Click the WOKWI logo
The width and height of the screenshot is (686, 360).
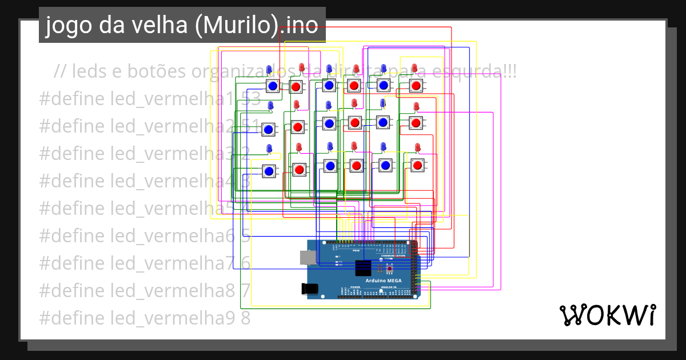(x=607, y=315)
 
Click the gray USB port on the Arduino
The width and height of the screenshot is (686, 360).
(x=307, y=258)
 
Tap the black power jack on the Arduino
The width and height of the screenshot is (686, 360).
(x=310, y=289)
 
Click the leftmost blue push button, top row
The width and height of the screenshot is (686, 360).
(x=273, y=86)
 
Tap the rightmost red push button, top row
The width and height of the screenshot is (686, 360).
(x=416, y=86)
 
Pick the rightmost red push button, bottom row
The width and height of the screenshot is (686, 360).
(x=417, y=166)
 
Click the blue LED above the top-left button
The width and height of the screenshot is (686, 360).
(x=270, y=70)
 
